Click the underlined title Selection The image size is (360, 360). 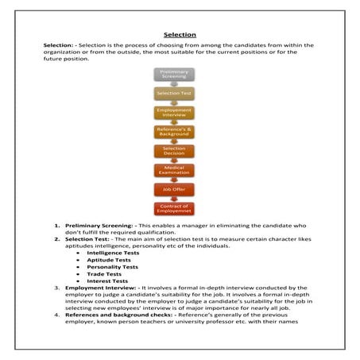[180, 35]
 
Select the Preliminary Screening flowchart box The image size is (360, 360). [174, 74]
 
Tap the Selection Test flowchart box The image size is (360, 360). [174, 94]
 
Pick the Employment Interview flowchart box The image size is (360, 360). [174, 113]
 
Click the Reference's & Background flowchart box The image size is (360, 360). [174, 132]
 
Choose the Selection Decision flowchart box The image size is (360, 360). [174, 151]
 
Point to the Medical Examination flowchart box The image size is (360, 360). [174, 170]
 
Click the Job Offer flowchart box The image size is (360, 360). [174, 190]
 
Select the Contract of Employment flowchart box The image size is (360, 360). [174, 209]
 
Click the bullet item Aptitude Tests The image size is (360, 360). [103, 260]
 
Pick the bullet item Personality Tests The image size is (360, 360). [106, 267]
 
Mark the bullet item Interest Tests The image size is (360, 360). [103, 281]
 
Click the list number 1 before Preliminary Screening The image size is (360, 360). [57, 225]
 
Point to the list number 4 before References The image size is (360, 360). [57, 315]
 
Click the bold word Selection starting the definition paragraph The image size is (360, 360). [60, 46]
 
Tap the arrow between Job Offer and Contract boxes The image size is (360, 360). [174, 199]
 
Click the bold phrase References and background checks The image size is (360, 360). [113, 315]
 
